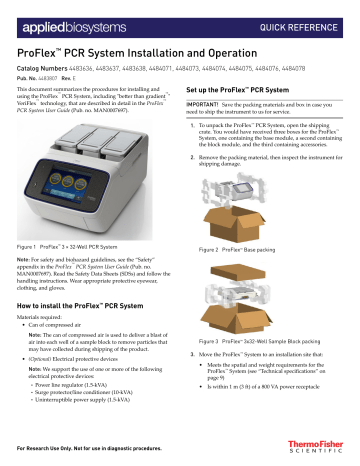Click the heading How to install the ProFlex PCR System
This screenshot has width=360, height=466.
coord(85,303)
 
